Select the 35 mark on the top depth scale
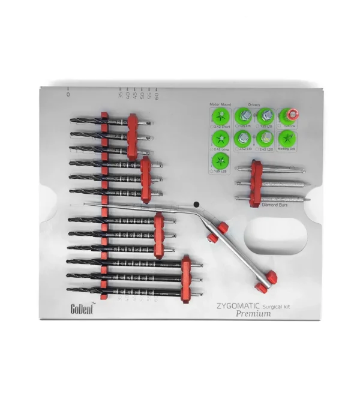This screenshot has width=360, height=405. tap(121, 94)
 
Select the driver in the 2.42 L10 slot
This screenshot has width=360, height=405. tap(243, 137)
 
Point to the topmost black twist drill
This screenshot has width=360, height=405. tap(96, 121)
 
